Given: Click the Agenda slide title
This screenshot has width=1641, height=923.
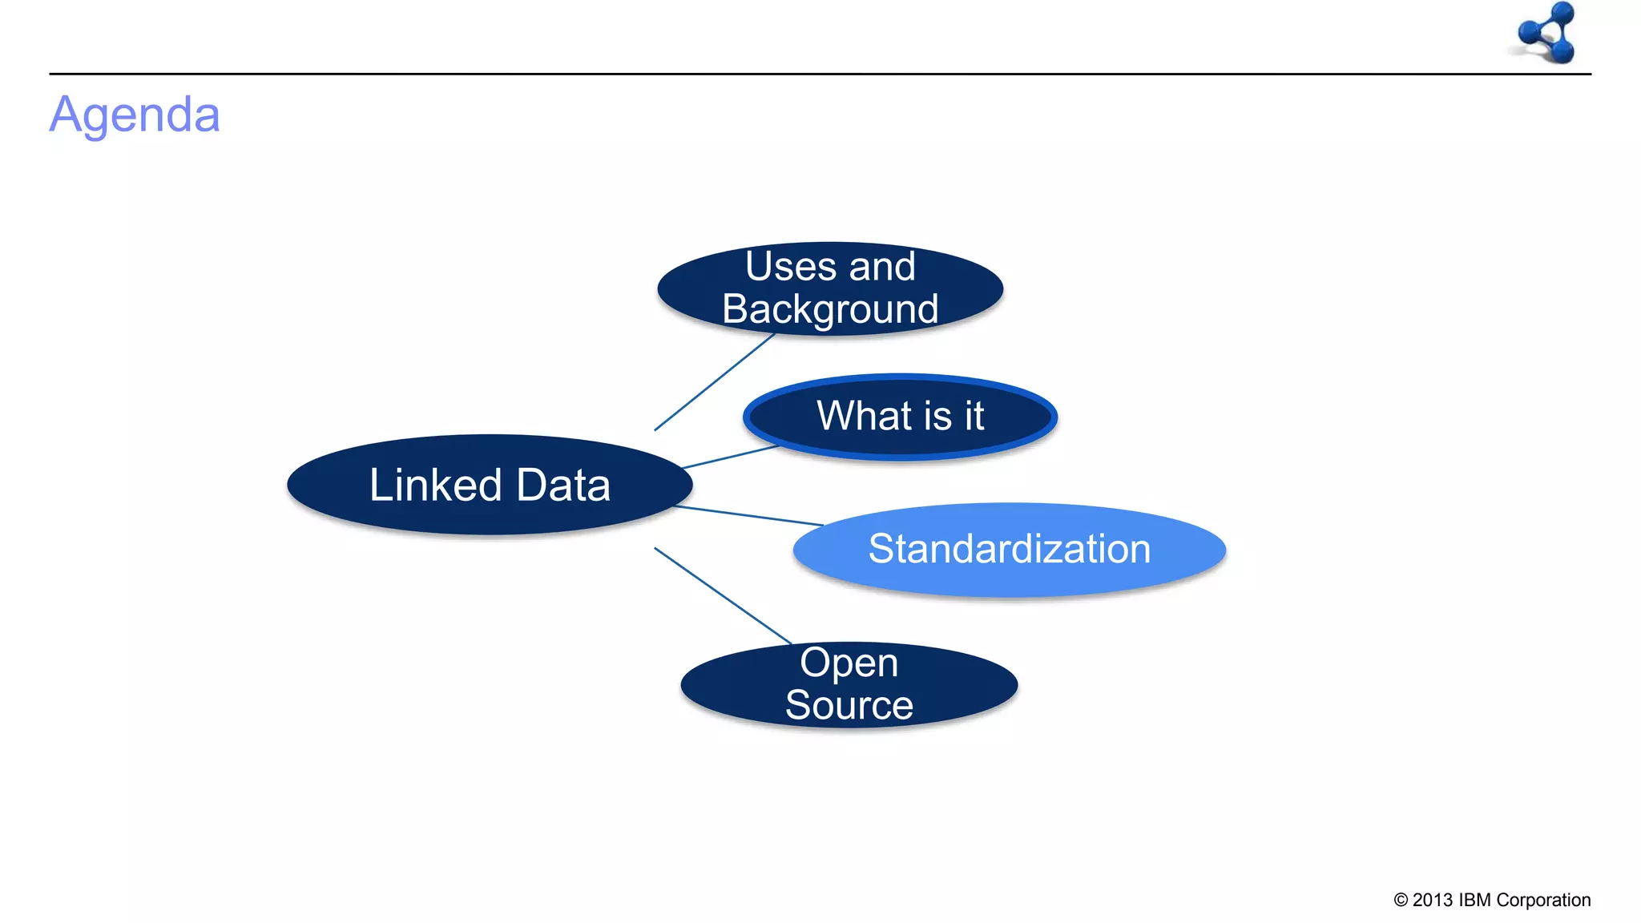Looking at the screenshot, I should click(x=135, y=115).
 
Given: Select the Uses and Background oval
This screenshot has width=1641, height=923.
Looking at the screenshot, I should click(x=830, y=288).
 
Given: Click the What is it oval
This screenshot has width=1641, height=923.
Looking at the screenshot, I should click(x=900, y=417).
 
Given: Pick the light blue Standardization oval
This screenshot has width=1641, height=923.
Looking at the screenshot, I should click(x=1009, y=550).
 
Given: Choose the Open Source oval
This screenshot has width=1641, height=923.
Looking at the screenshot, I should click(x=849, y=685).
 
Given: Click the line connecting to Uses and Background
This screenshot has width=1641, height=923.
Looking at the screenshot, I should click(x=713, y=383).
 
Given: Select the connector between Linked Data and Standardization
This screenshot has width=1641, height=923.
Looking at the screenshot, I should click(x=749, y=516).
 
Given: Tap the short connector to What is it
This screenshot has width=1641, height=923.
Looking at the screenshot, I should click(x=729, y=457).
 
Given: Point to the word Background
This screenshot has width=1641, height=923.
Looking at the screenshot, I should click(x=830, y=310).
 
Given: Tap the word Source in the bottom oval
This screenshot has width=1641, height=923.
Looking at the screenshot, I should click(x=849, y=706).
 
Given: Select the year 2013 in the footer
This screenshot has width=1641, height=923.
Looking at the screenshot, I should click(x=1433, y=901).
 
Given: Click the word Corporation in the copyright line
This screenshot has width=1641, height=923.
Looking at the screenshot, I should click(x=1543, y=901).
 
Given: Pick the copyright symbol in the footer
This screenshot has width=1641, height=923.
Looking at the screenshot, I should click(x=1401, y=901).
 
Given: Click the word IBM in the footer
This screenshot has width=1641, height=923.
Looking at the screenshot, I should click(x=1474, y=901).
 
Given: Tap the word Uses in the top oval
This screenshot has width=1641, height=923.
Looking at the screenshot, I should click(x=790, y=267).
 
